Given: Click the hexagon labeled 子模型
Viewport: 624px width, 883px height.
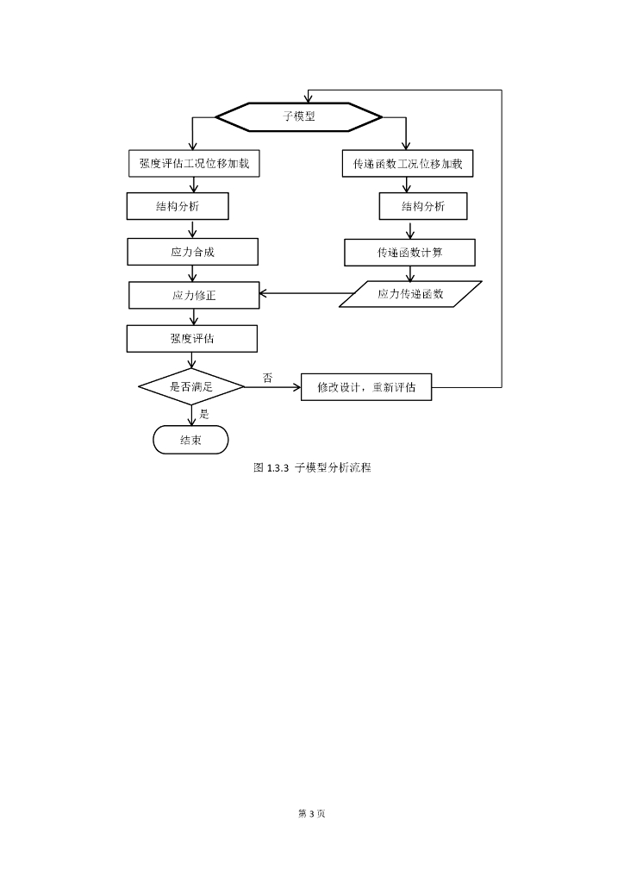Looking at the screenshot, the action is [299, 117].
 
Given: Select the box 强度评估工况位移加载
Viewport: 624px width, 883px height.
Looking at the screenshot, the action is [194, 164].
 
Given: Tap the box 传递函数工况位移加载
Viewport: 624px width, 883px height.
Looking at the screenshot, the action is [408, 164].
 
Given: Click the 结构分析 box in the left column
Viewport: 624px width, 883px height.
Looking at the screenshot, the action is [178, 206].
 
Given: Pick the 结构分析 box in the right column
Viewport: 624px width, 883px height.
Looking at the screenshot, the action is [423, 206].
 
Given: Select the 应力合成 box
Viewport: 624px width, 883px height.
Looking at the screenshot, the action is [192, 252].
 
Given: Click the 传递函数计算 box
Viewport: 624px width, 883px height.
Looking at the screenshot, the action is [409, 253].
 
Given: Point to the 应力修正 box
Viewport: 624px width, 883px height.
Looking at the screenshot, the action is [194, 295].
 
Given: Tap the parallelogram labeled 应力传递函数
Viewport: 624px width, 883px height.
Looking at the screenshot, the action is [410, 294].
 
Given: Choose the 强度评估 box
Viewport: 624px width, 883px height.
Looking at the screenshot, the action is [192, 338].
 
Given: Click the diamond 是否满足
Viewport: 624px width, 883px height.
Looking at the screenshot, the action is [191, 387].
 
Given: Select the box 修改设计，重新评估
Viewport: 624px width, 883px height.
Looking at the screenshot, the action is [366, 387].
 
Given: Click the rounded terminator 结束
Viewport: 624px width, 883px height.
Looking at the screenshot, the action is [190, 440].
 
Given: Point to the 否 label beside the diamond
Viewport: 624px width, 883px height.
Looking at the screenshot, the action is [268, 378].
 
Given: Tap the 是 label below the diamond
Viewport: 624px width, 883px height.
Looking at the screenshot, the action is [204, 415].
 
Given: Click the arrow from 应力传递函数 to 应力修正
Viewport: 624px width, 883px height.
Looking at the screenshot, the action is [305, 293].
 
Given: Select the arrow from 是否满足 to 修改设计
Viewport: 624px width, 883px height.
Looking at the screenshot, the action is [273, 387].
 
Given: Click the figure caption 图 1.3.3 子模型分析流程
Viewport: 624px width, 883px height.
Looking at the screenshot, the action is [312, 467].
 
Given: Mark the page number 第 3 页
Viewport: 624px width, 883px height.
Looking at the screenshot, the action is [312, 813].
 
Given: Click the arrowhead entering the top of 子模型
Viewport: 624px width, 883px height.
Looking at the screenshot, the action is [309, 98].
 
